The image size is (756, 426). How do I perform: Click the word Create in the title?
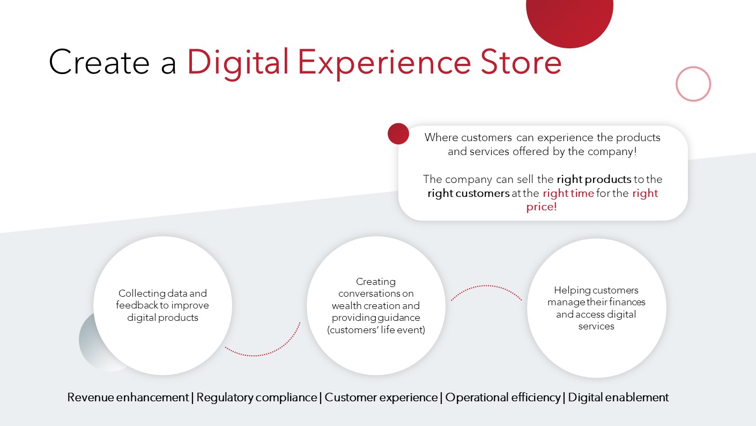[x=99, y=62]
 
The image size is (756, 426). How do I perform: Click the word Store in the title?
[x=521, y=62]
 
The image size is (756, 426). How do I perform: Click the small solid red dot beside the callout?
[x=398, y=134]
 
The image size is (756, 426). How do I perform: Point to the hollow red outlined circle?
[x=693, y=67]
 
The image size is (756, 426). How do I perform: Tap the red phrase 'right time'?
[x=568, y=193]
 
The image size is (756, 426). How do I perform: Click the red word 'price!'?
[x=542, y=207]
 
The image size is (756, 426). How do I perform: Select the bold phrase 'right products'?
[x=594, y=179]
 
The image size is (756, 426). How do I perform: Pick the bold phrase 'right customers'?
[x=469, y=193]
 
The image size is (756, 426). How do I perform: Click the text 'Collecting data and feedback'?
[x=162, y=299]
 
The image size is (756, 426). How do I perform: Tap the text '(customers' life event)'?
[x=376, y=330]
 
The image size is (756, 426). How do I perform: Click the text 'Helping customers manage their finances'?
[x=596, y=296]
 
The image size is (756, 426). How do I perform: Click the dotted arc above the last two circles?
[x=486, y=286]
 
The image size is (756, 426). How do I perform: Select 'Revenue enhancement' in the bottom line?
[x=128, y=397]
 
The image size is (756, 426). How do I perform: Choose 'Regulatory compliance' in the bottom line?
[x=256, y=398]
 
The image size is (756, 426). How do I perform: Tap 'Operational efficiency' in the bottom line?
[x=503, y=398]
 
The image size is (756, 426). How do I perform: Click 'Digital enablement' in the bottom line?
[x=618, y=397]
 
